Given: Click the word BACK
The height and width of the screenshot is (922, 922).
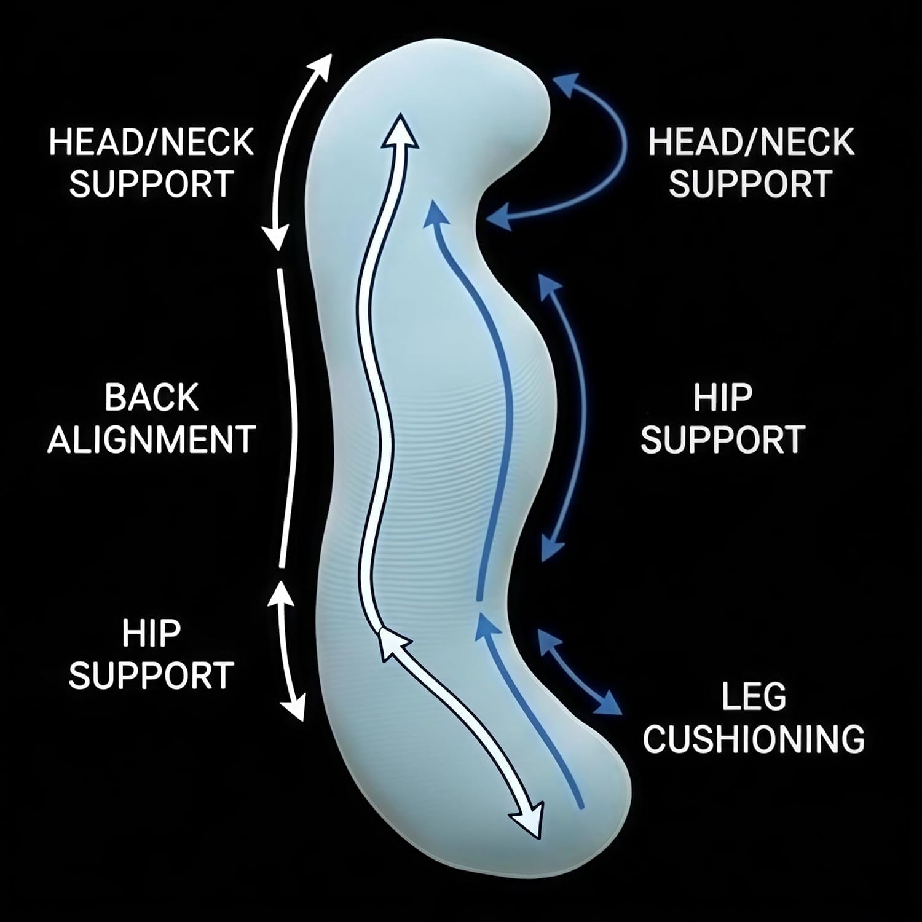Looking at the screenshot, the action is [x=151, y=397].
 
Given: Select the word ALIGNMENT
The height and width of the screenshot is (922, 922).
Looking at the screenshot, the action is [x=151, y=439].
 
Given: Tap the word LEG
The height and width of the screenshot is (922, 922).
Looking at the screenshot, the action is [x=753, y=697].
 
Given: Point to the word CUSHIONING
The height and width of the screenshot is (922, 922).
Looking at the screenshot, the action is [x=754, y=738].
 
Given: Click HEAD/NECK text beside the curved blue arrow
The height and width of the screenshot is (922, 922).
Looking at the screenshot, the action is [x=751, y=142].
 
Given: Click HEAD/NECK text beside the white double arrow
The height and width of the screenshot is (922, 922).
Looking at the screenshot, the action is [x=151, y=142].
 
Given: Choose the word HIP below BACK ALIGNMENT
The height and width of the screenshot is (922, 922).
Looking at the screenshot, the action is [x=151, y=633].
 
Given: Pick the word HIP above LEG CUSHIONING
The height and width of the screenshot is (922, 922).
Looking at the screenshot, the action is [x=723, y=397].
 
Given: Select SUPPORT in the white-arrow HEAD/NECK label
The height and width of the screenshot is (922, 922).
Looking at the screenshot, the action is [x=151, y=183].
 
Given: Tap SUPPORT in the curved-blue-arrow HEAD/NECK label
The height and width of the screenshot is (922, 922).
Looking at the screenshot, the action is [x=751, y=183].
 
